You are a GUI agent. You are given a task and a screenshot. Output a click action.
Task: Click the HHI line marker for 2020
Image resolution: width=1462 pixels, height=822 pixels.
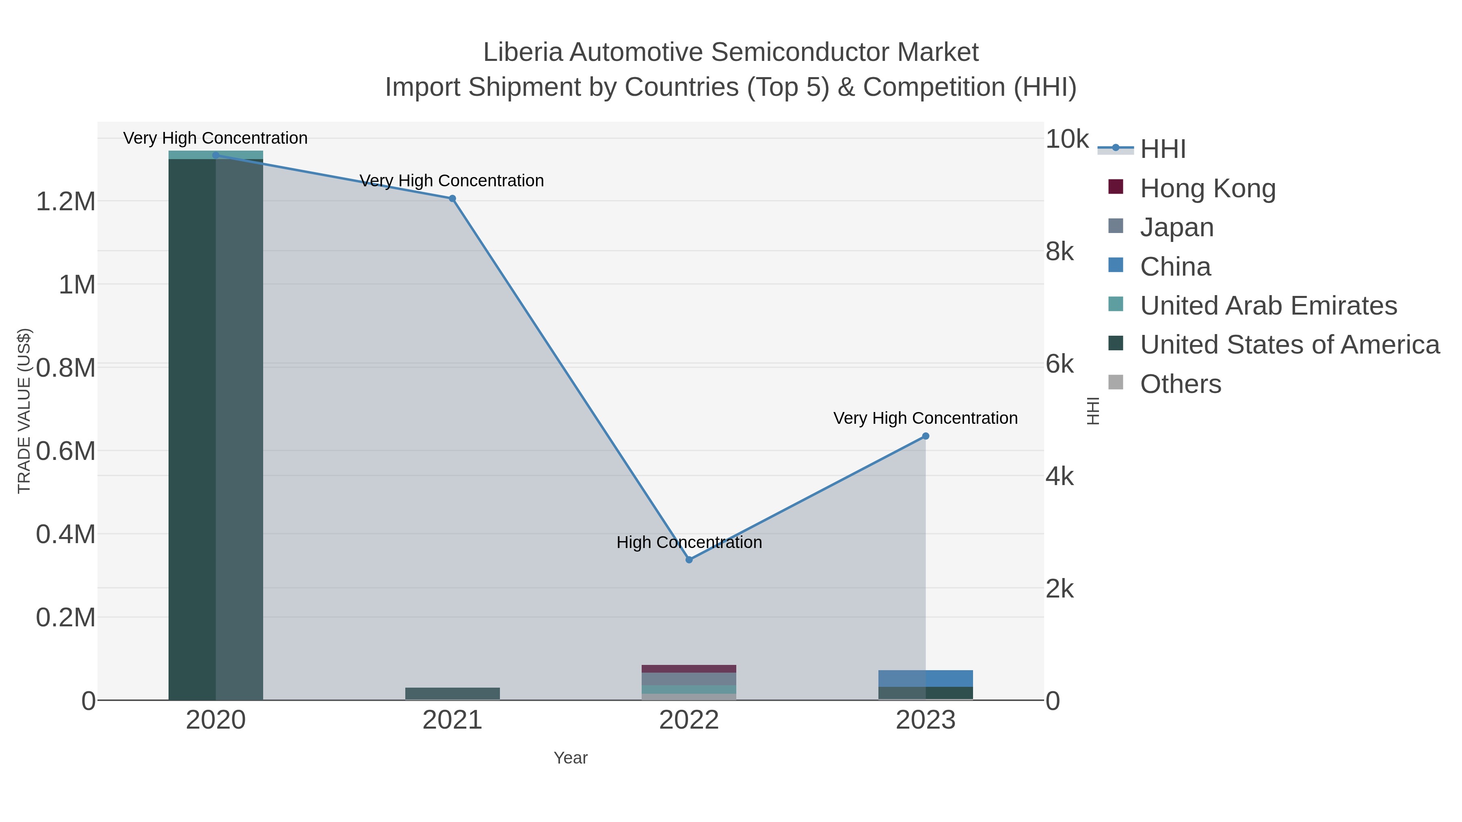click(x=216, y=155)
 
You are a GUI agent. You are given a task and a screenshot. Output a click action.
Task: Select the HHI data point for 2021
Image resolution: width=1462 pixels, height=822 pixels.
click(x=452, y=198)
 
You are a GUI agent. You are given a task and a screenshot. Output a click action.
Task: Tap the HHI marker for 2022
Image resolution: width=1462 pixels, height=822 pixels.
click(x=689, y=560)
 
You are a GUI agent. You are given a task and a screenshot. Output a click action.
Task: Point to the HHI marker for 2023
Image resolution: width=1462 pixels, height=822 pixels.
click(x=926, y=436)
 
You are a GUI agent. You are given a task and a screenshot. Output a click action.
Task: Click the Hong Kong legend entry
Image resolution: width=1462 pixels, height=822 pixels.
click(x=1207, y=188)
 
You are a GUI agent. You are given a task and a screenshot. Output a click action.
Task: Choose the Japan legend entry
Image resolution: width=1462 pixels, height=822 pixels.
click(x=1177, y=227)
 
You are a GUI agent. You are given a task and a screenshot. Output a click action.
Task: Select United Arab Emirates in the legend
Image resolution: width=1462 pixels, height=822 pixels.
click(x=1268, y=306)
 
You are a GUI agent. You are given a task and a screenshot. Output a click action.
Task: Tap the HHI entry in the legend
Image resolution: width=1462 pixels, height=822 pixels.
click(x=1162, y=149)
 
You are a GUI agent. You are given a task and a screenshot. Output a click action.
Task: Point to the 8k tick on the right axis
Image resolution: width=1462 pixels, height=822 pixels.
click(x=1060, y=251)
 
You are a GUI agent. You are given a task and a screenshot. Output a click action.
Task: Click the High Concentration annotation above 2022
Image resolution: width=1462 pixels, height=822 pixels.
click(x=689, y=542)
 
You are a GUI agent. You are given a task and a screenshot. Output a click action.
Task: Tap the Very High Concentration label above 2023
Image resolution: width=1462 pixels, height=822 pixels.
click(x=925, y=418)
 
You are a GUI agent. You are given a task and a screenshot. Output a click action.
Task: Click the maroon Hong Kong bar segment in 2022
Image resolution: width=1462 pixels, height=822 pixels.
click(x=689, y=669)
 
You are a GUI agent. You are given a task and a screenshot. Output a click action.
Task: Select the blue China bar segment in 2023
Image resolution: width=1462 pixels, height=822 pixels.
click(x=926, y=678)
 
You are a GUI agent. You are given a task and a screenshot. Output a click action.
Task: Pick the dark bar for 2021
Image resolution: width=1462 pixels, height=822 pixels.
click(x=452, y=693)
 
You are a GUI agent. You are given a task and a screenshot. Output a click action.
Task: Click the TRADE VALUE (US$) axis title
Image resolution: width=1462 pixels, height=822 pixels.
click(x=24, y=411)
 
